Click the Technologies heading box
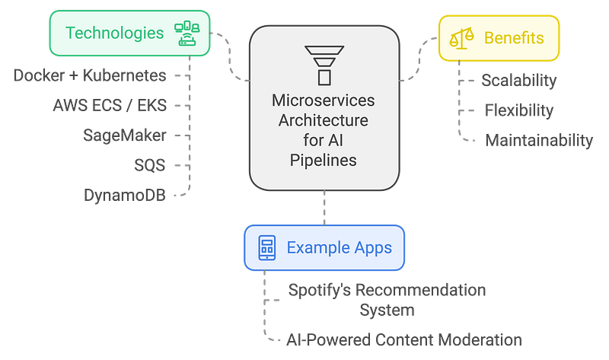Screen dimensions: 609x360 point(129,33)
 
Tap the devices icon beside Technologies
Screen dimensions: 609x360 point(187,33)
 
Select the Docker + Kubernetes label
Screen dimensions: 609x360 point(90,75)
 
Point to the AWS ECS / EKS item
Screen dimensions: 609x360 point(110,105)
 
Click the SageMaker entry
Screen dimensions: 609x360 point(124,135)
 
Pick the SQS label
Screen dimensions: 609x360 point(149,165)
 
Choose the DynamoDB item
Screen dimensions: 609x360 point(125,195)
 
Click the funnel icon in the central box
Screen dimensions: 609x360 point(324,65)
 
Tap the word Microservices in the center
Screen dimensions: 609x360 point(323,100)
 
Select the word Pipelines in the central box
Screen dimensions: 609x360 point(323,160)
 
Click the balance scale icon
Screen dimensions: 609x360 point(462,38)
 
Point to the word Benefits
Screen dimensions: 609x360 point(514,38)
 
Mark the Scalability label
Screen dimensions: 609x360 point(519,81)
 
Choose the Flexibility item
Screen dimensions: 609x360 point(519,110)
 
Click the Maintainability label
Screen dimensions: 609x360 point(539,140)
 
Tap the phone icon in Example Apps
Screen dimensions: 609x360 point(267,248)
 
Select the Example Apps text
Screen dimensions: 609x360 point(339,248)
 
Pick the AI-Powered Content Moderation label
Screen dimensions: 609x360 point(404,339)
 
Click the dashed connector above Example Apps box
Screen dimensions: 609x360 point(324,208)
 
